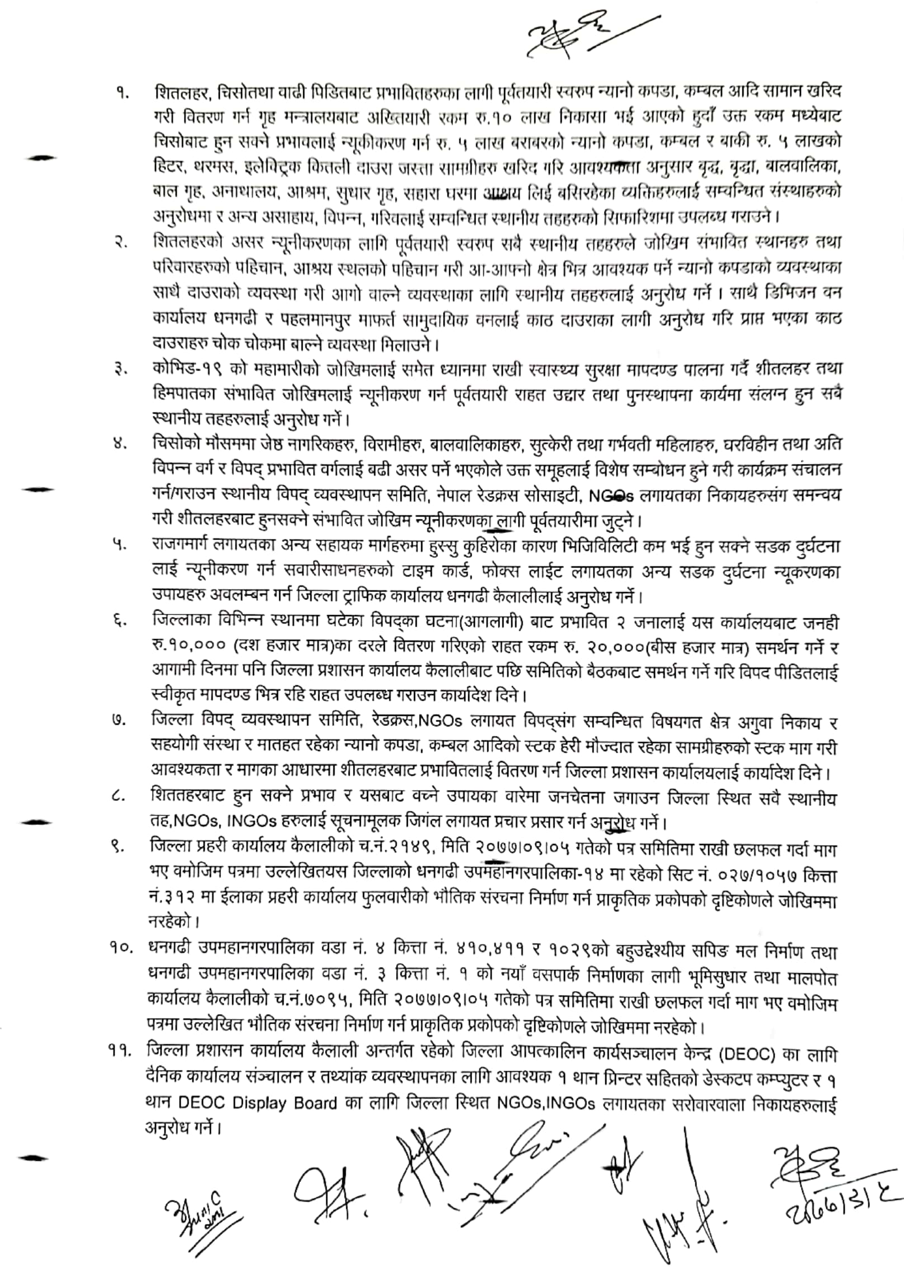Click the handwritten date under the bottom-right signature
tap(839, 1203)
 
